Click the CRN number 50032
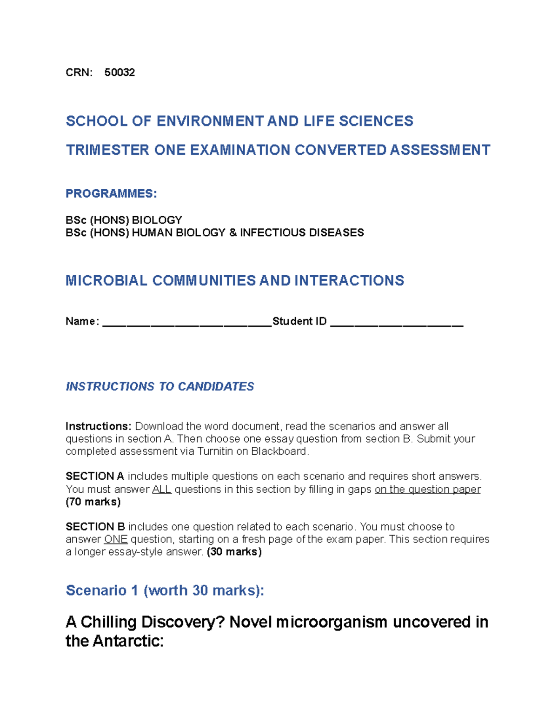tap(120, 73)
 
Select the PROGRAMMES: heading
tap(111, 193)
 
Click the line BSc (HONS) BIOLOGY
tap(124, 220)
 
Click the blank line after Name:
tap(186, 322)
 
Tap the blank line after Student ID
tap(397, 322)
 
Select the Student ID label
tap(299, 321)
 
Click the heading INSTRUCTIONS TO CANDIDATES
tap(159, 386)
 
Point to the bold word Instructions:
tap(99, 426)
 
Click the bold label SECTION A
tap(95, 477)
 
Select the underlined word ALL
tap(162, 490)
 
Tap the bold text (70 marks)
tap(93, 502)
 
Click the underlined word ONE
tap(116, 539)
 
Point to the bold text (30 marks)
tap(234, 552)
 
